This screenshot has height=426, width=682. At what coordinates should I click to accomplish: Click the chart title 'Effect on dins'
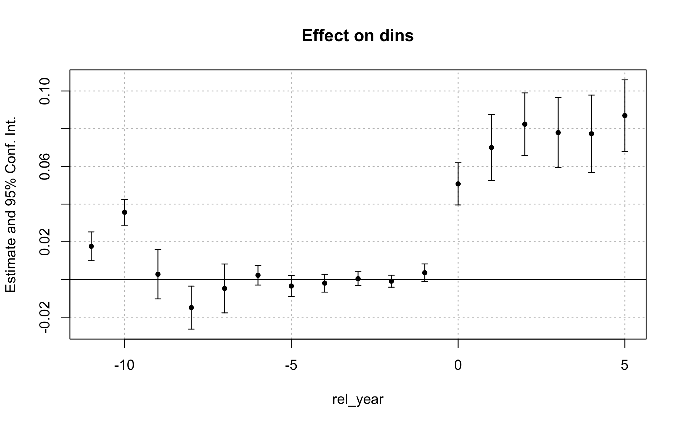[x=357, y=36]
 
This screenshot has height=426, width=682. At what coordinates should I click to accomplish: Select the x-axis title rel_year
[x=357, y=399]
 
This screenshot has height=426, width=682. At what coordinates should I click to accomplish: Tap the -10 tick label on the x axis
[x=124, y=365]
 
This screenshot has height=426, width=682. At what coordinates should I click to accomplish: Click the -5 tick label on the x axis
[x=291, y=365]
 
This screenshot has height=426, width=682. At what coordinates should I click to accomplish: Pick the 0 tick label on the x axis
[x=458, y=365]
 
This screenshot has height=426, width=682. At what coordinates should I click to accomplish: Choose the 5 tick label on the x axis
[x=624, y=365]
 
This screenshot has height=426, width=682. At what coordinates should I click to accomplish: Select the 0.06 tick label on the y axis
[x=45, y=167]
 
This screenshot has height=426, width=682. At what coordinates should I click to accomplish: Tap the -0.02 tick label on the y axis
[x=45, y=317]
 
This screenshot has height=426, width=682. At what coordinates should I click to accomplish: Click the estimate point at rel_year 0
[x=458, y=184]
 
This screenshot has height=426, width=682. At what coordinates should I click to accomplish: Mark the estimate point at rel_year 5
[x=625, y=116]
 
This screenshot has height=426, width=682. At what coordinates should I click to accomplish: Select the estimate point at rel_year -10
[x=124, y=212]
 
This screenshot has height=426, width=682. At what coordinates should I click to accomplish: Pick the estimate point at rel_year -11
[x=91, y=246]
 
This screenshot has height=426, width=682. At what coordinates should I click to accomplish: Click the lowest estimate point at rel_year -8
[x=191, y=308]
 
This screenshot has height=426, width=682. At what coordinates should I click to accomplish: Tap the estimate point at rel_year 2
[x=525, y=124]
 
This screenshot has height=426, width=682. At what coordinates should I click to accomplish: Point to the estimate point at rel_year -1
[x=425, y=273]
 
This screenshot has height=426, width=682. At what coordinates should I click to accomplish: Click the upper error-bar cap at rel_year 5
[x=625, y=80]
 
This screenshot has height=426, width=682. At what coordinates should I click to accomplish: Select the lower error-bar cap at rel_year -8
[x=191, y=329]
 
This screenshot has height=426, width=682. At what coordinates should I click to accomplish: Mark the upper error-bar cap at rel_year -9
[x=158, y=250]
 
